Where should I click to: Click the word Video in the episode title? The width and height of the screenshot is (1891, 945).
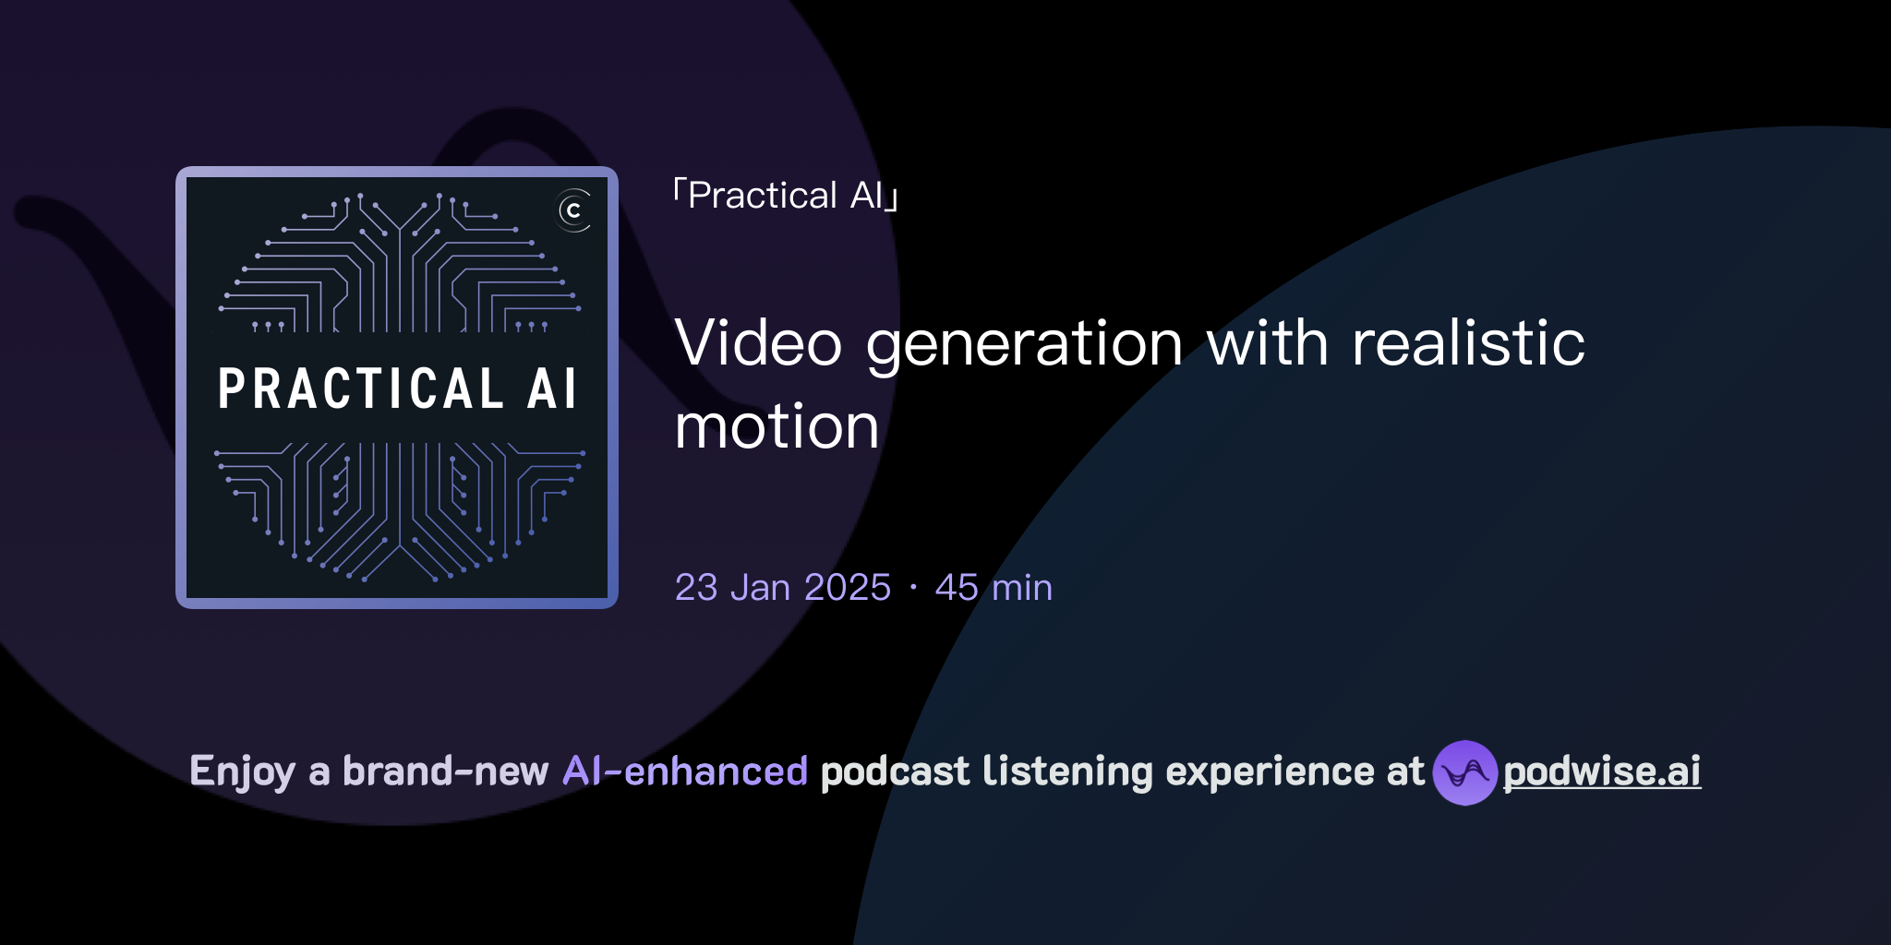tap(758, 343)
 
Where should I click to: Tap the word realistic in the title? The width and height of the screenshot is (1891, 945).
tap(1468, 343)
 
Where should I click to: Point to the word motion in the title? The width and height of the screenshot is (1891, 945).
tap(777, 427)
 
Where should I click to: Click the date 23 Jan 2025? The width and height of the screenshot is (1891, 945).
tap(782, 587)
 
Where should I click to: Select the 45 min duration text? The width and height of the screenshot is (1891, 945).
tap(994, 587)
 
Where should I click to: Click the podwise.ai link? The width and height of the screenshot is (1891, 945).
tap(1601, 772)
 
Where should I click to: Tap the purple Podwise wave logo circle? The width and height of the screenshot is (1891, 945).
tap(1464, 772)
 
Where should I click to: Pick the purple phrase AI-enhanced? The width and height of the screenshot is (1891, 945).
tap(685, 772)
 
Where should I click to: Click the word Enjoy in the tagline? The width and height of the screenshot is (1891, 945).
tap(242, 772)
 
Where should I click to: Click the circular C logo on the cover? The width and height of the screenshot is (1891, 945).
tap(573, 210)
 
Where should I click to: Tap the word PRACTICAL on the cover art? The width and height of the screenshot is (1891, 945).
tap(361, 389)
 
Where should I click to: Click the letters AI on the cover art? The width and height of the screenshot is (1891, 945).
tap(552, 389)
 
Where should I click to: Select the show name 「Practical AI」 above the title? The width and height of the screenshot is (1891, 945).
tap(786, 196)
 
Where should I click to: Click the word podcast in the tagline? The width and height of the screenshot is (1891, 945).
tap(895, 772)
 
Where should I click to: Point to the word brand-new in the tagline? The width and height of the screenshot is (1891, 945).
tap(445, 772)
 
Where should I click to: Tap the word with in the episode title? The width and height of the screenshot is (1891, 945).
tap(1267, 343)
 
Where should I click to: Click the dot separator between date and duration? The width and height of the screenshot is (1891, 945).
tap(913, 588)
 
